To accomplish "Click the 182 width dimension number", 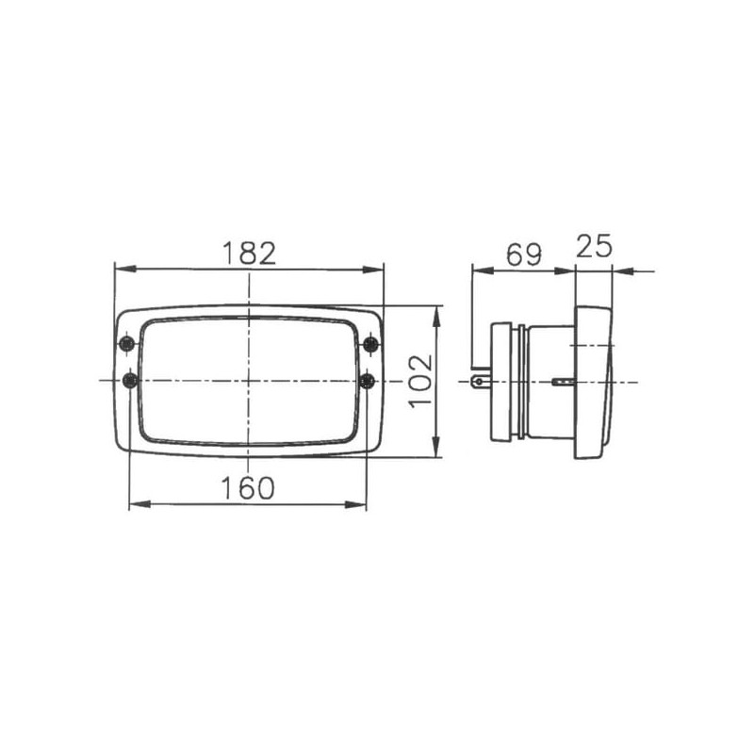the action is pos(249,254).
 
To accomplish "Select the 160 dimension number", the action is pos(248,487).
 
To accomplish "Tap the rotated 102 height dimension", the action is pos(420,382).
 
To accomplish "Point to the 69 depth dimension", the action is pos(524,254).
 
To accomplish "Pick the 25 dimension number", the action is pos(594,246).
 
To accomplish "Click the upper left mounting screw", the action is pos(127,344).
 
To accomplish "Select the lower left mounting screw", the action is pos(130,382).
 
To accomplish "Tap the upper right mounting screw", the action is pos(370,344).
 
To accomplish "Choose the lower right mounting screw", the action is pos(368,382).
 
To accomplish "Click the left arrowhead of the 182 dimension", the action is pos(125,269).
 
